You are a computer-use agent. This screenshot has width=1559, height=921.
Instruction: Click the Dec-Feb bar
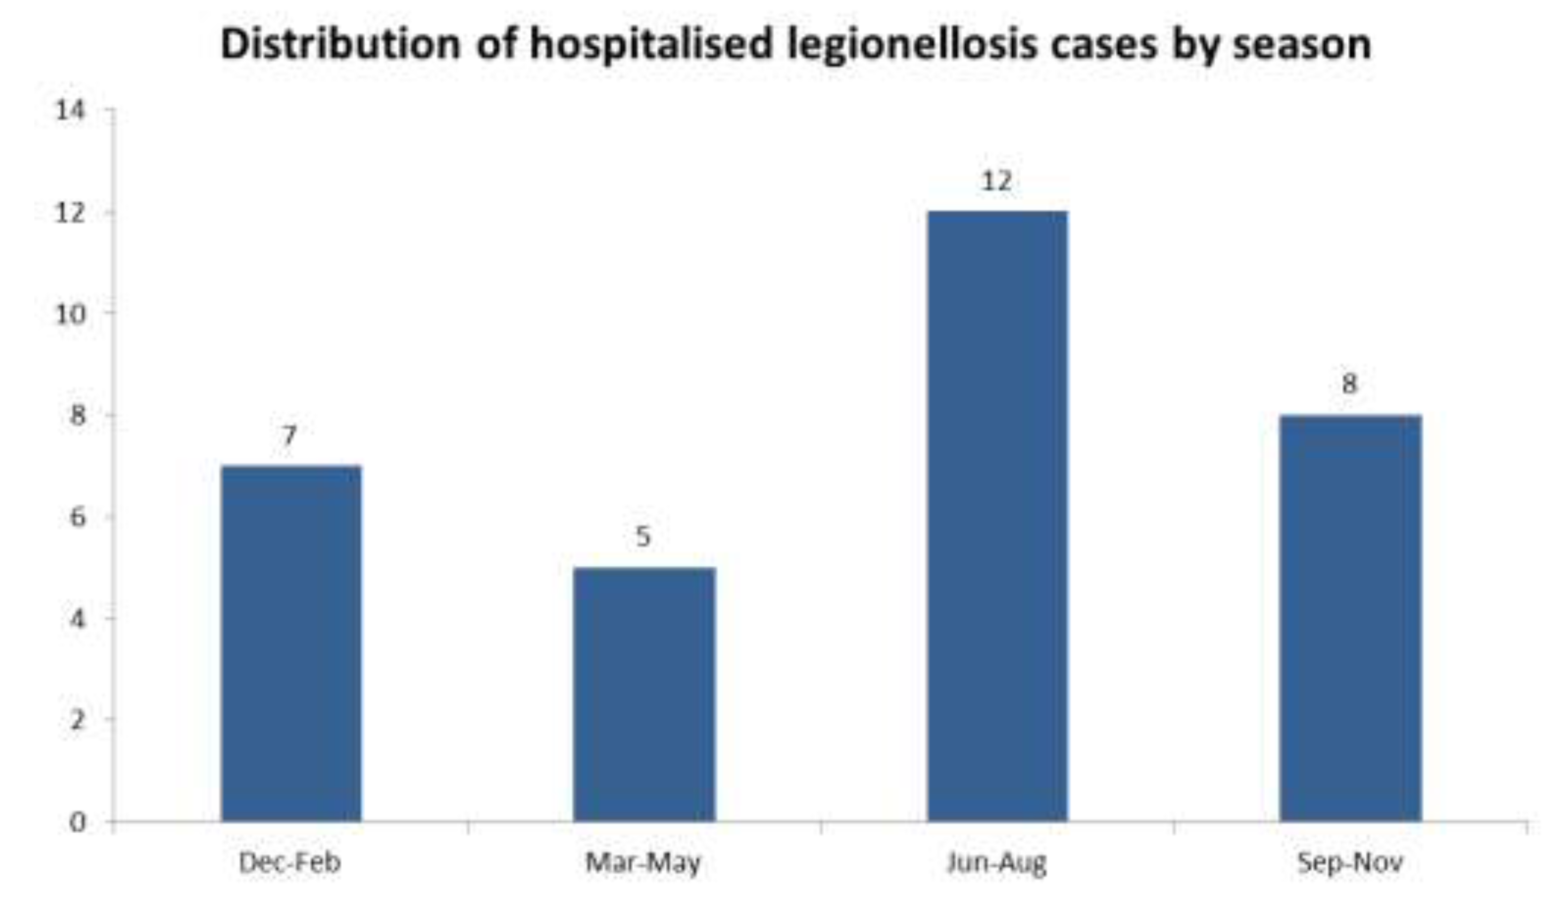click(291, 644)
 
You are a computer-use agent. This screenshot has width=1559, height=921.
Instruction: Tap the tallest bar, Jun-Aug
click(998, 516)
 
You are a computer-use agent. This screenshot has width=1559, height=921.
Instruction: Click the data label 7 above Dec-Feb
click(289, 436)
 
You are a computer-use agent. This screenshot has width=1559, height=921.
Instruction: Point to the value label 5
click(643, 536)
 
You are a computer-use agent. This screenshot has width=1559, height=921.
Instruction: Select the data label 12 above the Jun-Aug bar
click(997, 180)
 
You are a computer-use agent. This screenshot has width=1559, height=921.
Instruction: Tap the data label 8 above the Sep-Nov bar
click(1350, 384)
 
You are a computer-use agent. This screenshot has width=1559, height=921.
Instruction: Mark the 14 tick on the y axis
click(70, 111)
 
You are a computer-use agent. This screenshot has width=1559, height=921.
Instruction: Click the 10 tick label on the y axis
click(70, 314)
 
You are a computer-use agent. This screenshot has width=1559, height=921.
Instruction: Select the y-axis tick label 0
click(78, 822)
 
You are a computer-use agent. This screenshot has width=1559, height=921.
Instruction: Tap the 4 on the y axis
click(78, 619)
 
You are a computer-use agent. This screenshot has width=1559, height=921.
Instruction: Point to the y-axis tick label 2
click(78, 720)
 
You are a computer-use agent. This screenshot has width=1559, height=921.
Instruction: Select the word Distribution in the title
click(341, 44)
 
